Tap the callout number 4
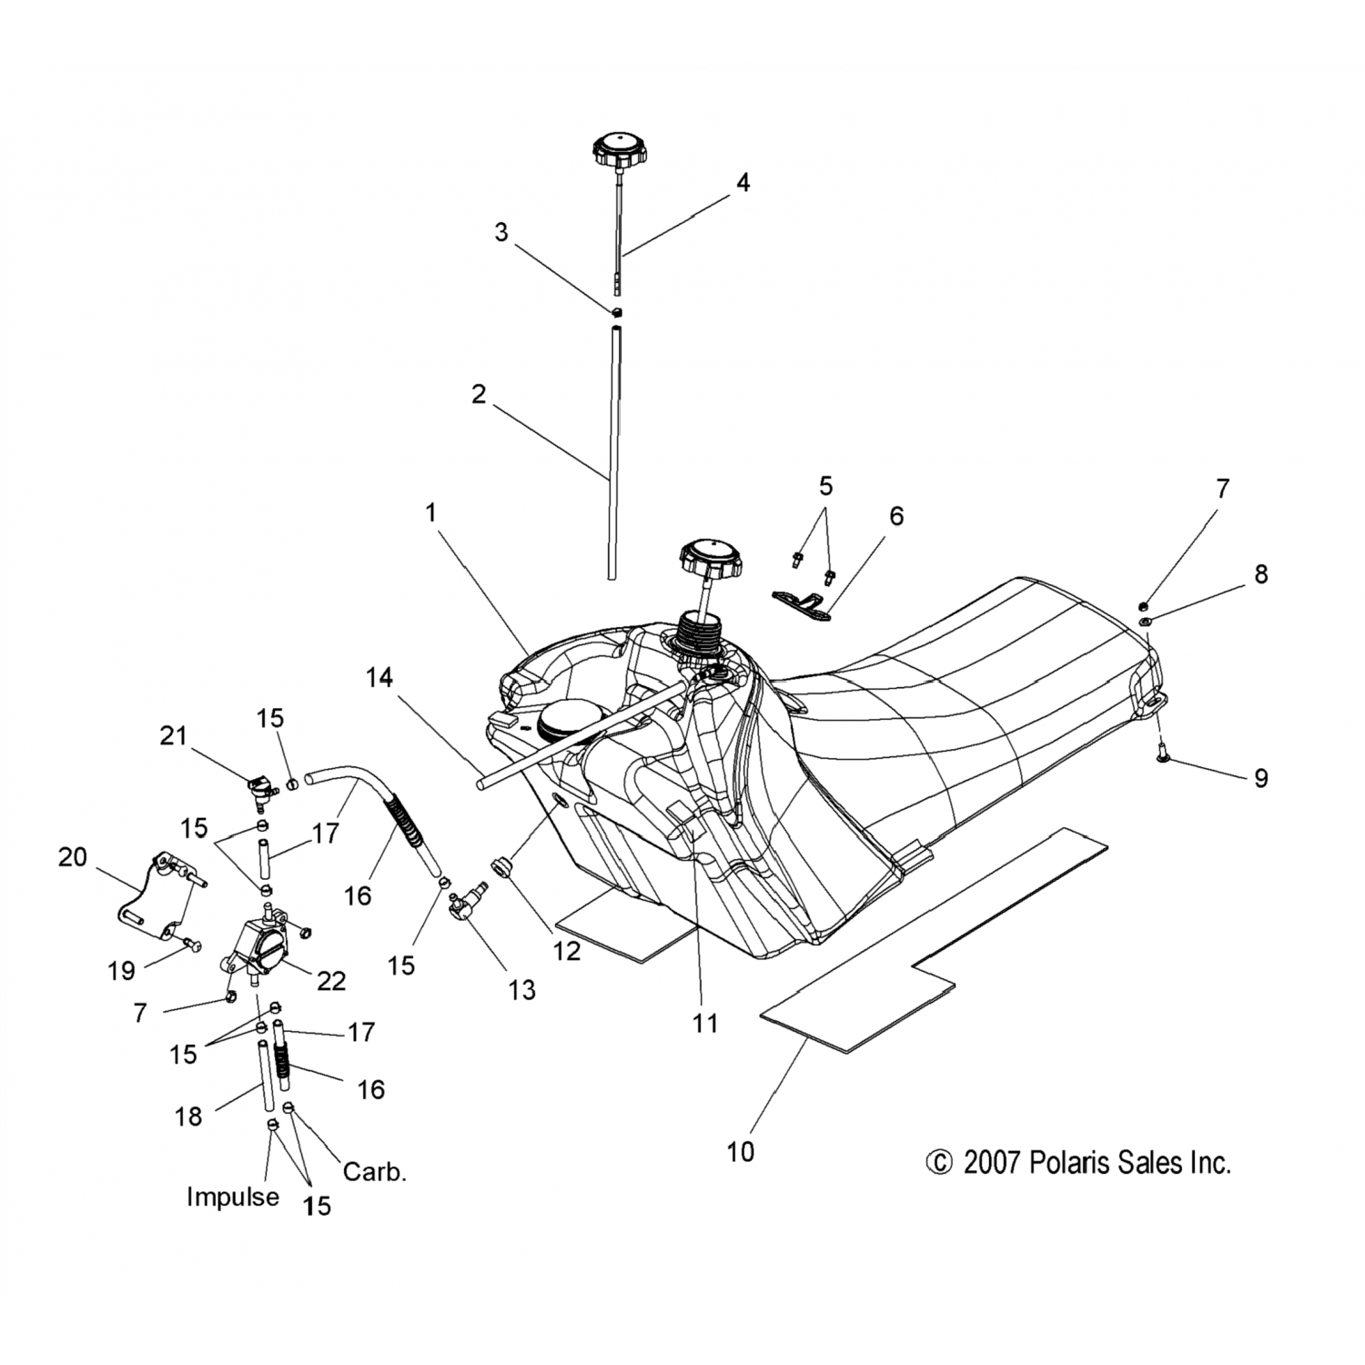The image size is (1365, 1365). tap(743, 183)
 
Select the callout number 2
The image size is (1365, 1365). tap(479, 395)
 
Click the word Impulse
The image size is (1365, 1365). tap(233, 1197)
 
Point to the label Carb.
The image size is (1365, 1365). tap(374, 1172)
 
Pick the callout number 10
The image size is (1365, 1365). tap(741, 1152)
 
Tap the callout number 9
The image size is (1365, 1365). tap(1260, 778)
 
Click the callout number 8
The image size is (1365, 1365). tap(1260, 574)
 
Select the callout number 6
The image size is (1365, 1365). tap(896, 516)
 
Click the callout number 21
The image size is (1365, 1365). tap(173, 735)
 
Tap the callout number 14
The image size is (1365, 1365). tap(379, 678)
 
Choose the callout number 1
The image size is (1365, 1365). tap(430, 513)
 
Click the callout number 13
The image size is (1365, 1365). tap(521, 989)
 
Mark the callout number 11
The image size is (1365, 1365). tap(705, 1023)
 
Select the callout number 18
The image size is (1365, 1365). tap(188, 1116)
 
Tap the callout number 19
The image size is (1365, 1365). tap(121, 971)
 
